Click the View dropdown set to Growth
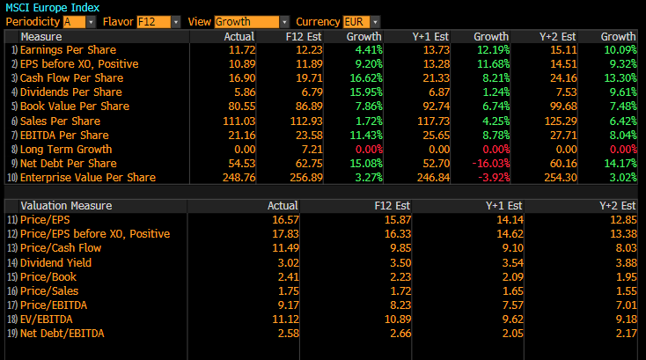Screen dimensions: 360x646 (252, 21)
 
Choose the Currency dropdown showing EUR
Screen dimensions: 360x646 (362, 21)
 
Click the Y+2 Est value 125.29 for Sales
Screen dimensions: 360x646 (561, 121)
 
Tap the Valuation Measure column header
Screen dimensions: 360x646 (66, 206)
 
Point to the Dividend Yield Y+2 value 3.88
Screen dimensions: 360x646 (624, 262)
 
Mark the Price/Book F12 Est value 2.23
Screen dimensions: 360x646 (399, 276)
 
